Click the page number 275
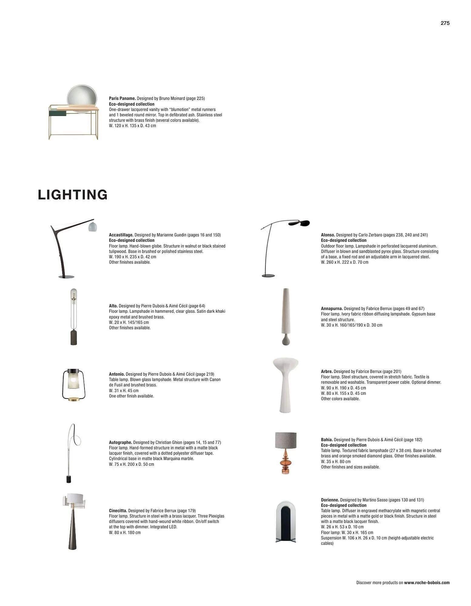(445, 23)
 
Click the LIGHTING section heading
(73, 195)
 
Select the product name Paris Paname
(122, 98)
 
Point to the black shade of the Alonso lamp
(299, 223)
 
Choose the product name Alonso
(328, 235)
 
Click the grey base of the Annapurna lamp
(286, 339)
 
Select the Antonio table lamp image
(74, 385)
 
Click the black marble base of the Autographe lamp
(69, 479)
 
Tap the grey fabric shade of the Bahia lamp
(286, 440)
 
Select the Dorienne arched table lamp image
(286, 521)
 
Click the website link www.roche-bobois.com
(426, 583)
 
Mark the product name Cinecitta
(118, 511)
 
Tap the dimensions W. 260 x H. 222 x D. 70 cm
(345, 262)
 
